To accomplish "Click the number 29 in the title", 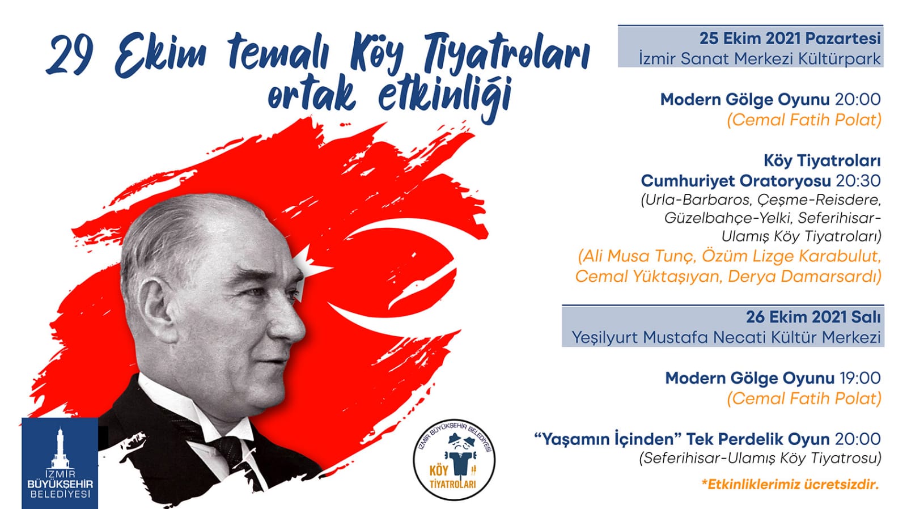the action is point(70,54).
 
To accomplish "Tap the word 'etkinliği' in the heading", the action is point(444,99).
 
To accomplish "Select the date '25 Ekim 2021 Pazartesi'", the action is point(790,39).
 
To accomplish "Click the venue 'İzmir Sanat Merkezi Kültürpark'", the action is point(760,58).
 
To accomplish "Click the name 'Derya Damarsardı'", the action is point(804,277).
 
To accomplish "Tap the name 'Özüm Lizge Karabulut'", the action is point(791,256).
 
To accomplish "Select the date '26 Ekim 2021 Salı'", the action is point(813,317).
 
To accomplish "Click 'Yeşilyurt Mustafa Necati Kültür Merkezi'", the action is point(726,337).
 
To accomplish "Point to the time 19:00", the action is point(860,378).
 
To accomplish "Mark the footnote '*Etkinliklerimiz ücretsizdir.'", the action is point(790,484).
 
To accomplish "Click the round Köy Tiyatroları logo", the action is point(454,460).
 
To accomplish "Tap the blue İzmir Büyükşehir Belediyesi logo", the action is point(60,463).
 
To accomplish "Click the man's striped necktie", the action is point(229,453).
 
